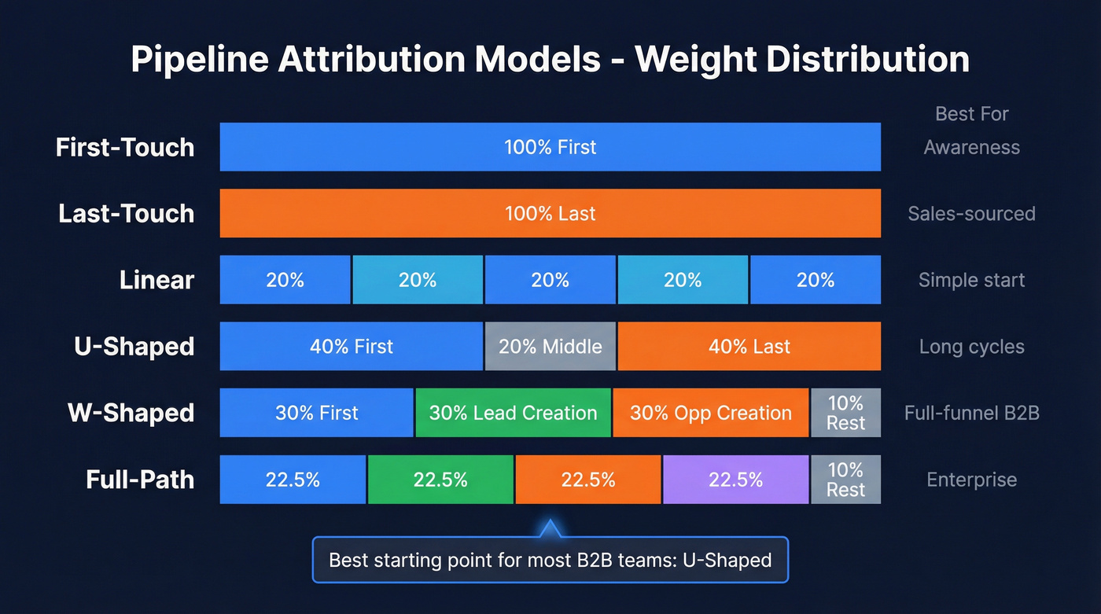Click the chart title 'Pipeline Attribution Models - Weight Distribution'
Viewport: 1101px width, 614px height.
[550, 61]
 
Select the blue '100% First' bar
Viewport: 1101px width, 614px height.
[550, 147]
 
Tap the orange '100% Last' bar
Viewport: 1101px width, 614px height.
[550, 213]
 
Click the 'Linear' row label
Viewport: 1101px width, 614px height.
[156, 280]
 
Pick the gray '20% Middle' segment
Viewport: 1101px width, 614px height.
[550, 347]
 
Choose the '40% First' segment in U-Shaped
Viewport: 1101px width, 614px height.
[351, 347]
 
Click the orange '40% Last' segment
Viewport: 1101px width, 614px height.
[749, 347]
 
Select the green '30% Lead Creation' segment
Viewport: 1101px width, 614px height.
[513, 413]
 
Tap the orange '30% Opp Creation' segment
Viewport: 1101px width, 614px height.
[710, 413]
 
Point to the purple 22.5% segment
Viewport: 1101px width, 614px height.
[735, 480]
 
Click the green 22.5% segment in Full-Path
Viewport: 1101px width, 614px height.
[440, 480]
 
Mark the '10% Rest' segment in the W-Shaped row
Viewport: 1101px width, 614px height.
[845, 413]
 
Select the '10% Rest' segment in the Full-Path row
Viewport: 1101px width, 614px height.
[845, 480]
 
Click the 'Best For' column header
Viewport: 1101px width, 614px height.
[971, 114]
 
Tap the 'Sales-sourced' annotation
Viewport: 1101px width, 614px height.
[971, 214]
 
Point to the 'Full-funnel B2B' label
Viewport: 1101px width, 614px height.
[971, 413]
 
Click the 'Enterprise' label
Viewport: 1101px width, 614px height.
[971, 480]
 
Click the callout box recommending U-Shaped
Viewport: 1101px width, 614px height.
[550, 560]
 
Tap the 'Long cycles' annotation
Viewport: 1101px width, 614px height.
[971, 347]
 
